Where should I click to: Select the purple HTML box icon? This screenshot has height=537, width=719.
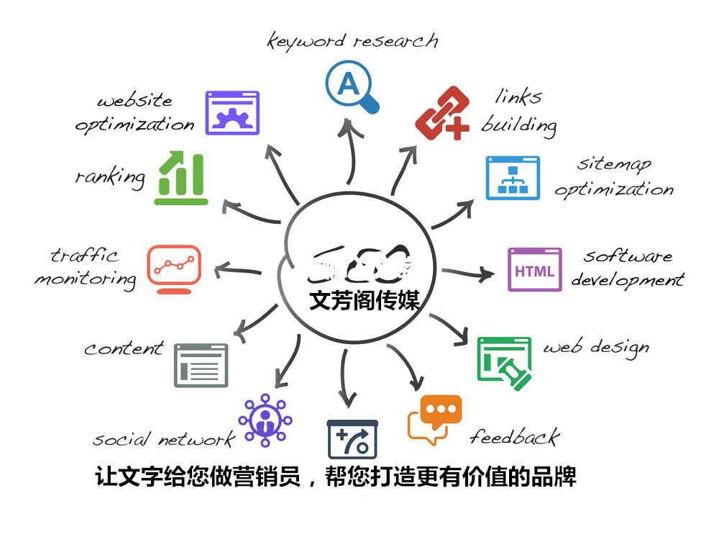point(534,270)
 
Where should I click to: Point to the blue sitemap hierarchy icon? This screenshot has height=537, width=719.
point(513,177)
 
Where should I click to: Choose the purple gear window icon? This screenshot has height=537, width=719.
point(232,113)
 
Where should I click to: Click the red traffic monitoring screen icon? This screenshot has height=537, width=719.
point(174,268)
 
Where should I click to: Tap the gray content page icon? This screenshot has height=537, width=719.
point(201,365)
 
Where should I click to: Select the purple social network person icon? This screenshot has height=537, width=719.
point(265,420)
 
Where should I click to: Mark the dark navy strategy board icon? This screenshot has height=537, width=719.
point(352,438)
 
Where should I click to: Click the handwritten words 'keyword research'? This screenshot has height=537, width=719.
point(352,40)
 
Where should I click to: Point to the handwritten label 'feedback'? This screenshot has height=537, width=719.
point(514,436)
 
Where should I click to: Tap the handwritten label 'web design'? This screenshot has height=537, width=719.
point(595,348)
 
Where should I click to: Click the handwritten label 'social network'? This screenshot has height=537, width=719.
point(163,439)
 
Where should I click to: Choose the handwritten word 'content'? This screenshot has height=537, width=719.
point(124,348)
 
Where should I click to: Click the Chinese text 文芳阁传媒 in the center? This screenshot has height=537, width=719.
point(364,299)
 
